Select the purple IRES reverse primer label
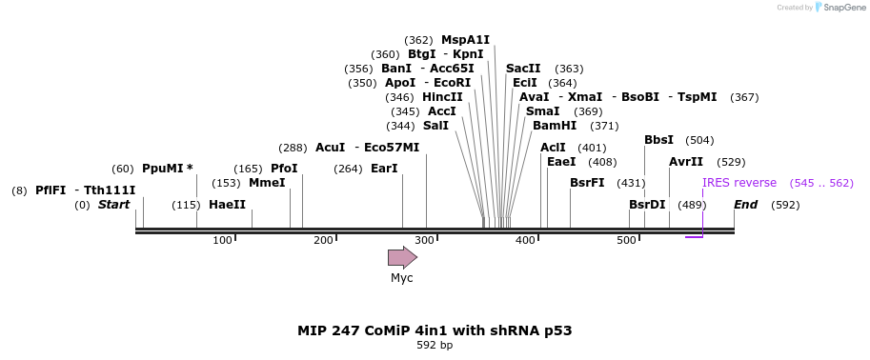tap(739, 183)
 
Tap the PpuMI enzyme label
tap(167, 169)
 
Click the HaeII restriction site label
tap(227, 205)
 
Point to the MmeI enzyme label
tap(267, 183)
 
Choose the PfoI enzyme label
tap(284, 169)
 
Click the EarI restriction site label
tap(384, 169)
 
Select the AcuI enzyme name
tap(330, 148)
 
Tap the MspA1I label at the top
tap(465, 40)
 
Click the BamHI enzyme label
tap(555, 126)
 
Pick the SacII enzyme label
tap(523, 69)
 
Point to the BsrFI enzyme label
tap(587, 183)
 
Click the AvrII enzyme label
tap(686, 162)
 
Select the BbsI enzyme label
tap(658, 140)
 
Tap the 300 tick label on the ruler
tap(424, 240)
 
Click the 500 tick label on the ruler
tap(626, 240)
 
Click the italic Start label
tap(113, 205)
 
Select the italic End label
tap(745, 205)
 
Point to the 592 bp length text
tap(435, 345)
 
